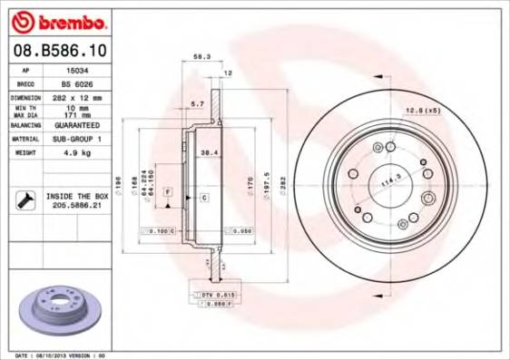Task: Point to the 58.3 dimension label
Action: pos(202,56)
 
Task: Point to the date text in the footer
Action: pos(62,355)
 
